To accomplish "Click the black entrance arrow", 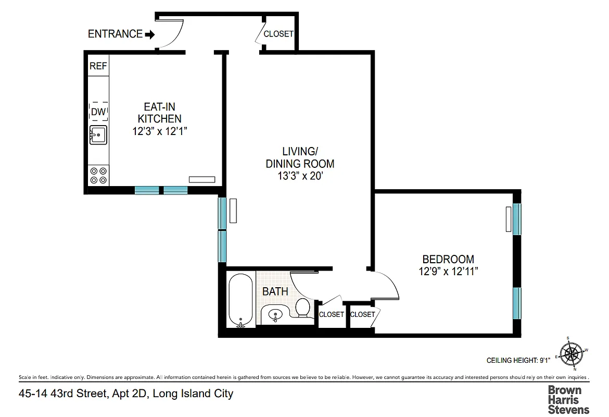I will tap(150, 34).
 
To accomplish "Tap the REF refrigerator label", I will tap(98, 66).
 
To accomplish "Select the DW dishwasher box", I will tap(98, 112).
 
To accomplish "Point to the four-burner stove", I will tap(98, 175).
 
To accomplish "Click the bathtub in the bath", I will tap(241, 300).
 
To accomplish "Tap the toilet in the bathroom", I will tap(302, 307).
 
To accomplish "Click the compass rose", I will tap(572, 353).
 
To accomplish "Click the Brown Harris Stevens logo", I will tap(568, 399).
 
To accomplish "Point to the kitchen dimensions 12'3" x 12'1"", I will tap(159, 131).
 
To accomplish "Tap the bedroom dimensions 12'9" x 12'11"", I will tap(448, 271).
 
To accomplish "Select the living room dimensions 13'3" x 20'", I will tap(300, 176).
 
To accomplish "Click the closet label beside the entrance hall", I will tap(278, 34).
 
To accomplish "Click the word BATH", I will tap(275, 291).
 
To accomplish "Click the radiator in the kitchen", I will tap(202, 179).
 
